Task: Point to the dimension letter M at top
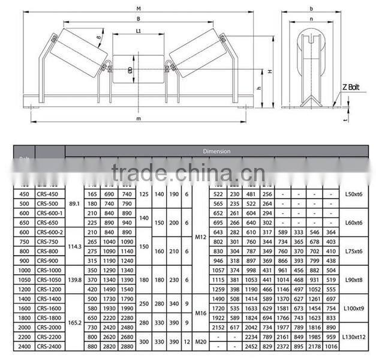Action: [x=139, y=8]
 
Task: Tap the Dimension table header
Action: [x=216, y=151]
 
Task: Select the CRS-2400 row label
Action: [x=50, y=346]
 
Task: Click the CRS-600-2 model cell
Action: [x=50, y=232]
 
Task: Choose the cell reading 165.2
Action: [x=74, y=322]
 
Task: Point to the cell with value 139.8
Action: [x=74, y=279]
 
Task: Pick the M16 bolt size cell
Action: [x=200, y=313]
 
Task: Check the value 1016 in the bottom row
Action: [x=330, y=346]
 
